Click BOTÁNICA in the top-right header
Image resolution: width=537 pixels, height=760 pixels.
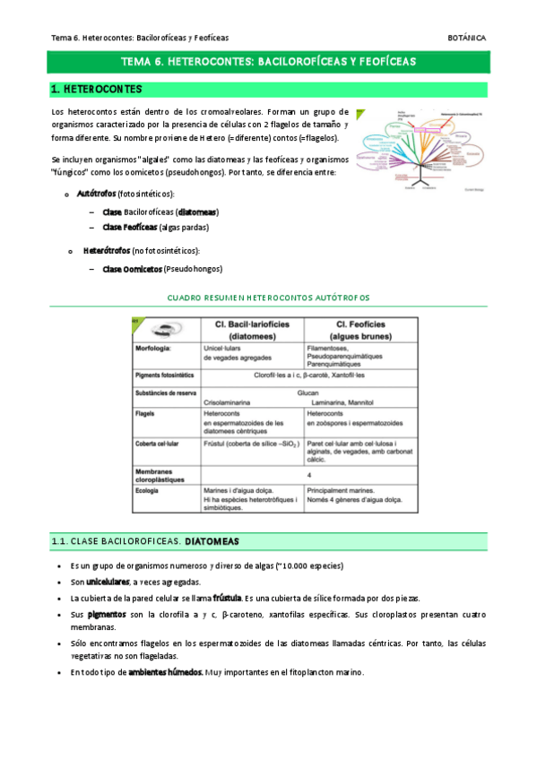(466, 39)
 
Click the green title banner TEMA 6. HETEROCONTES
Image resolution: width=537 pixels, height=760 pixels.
(268, 63)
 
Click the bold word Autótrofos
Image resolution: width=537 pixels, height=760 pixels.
(96, 194)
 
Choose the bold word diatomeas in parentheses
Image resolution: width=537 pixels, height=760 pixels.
(196, 212)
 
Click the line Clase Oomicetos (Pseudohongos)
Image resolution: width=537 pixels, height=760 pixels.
(162, 269)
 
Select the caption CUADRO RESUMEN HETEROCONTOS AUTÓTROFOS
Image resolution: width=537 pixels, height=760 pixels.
(269, 298)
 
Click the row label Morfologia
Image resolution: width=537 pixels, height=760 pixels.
(153, 347)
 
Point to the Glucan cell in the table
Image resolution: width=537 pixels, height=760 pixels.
(307, 392)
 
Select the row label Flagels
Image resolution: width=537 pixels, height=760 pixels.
(146, 414)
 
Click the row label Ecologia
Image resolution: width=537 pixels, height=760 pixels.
(149, 490)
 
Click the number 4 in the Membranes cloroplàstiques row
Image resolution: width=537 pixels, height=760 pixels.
(308, 474)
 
